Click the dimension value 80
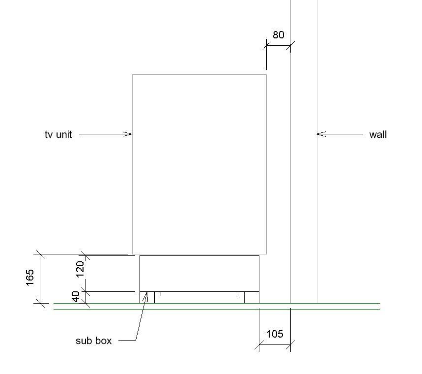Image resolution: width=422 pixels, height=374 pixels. pyautogui.click(x=278, y=35)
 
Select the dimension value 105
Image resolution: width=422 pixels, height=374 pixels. pyautogui.click(x=275, y=334)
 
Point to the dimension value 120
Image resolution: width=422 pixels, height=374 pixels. pyautogui.click(x=80, y=268)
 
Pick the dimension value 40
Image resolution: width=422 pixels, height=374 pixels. pyautogui.click(x=76, y=297)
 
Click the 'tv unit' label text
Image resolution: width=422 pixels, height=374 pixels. pyautogui.click(x=58, y=134)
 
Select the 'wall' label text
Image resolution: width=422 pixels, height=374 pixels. pyautogui.click(x=378, y=134)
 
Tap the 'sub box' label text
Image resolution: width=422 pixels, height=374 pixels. pyautogui.click(x=93, y=341)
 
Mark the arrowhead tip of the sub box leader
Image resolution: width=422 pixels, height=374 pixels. pyautogui.click(x=147, y=294)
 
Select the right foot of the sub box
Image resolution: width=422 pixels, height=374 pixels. pyautogui.click(x=252, y=297)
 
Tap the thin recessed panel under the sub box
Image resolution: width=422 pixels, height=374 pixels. pyautogui.click(x=199, y=294)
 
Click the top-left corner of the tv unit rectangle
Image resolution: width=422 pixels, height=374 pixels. pyautogui.click(x=133, y=75)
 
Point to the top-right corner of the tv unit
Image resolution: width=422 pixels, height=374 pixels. pyautogui.click(x=266, y=75)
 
